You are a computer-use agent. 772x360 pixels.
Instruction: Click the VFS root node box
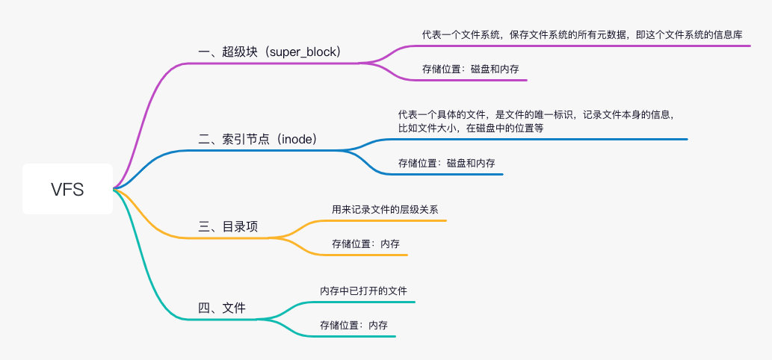(67, 189)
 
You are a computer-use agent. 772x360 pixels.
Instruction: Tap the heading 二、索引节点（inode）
(258, 139)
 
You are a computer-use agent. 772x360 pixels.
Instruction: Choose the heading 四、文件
(221, 307)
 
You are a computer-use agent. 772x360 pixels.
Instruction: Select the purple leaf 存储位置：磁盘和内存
(470, 69)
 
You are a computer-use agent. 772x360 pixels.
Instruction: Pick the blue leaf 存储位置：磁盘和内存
(446, 163)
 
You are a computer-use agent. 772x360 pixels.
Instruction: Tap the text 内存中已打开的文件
(363, 291)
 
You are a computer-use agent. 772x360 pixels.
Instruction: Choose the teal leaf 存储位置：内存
(353, 325)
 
